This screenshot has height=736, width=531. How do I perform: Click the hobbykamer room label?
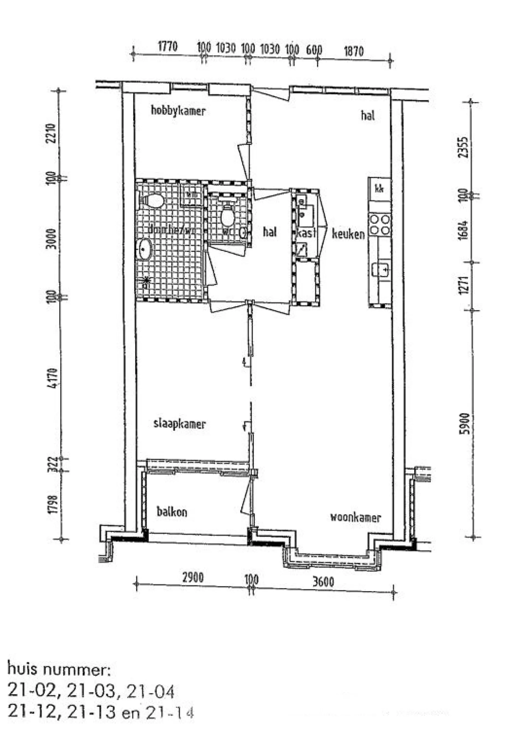point(178,111)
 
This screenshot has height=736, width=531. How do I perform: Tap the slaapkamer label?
point(179,424)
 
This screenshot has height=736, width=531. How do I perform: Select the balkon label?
point(172,512)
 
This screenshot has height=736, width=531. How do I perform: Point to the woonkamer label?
point(355,517)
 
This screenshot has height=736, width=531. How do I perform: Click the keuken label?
point(348,234)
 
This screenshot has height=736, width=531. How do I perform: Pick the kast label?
point(306,233)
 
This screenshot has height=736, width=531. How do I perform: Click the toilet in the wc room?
point(228,217)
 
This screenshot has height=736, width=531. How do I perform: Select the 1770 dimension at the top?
point(168,46)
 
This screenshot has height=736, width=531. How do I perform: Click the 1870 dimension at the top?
point(353,51)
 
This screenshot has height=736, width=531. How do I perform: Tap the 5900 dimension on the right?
point(465,423)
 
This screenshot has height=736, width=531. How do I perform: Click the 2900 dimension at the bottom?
point(193,578)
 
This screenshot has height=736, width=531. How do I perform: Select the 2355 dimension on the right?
point(464,148)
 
